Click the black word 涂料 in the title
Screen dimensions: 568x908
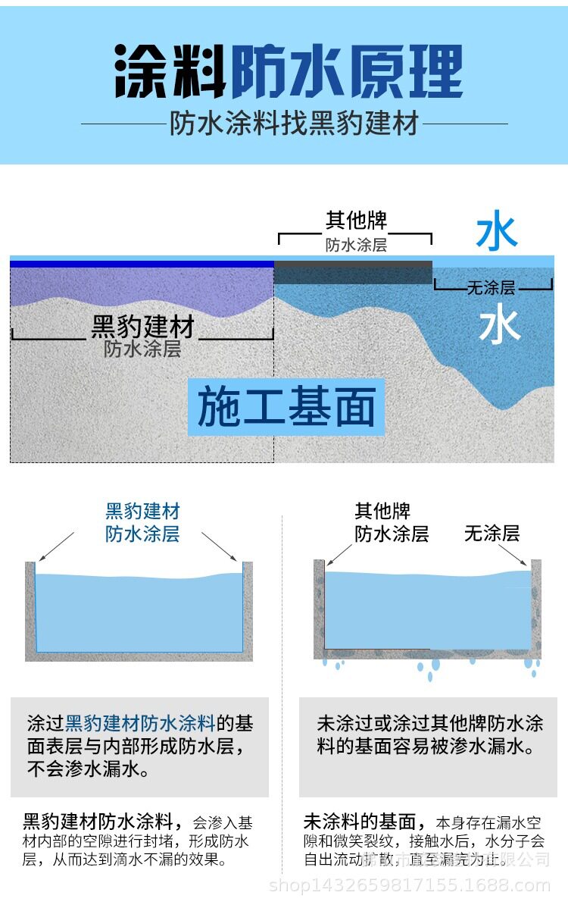click(170, 72)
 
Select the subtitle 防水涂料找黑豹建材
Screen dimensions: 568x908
click(294, 124)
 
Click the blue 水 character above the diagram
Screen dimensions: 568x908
click(497, 233)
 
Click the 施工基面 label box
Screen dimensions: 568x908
click(286, 407)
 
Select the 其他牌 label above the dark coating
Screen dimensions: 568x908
click(356, 221)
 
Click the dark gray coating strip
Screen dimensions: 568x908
click(353, 272)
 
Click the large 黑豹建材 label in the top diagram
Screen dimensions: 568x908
click(143, 327)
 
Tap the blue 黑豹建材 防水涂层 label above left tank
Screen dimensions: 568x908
click(142, 522)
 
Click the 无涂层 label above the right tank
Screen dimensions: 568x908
click(492, 534)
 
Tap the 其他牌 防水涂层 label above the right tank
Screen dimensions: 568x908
click(392, 523)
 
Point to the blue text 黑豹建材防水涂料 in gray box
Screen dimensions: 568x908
click(141, 722)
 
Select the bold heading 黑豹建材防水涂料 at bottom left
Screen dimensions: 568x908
click(101, 822)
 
